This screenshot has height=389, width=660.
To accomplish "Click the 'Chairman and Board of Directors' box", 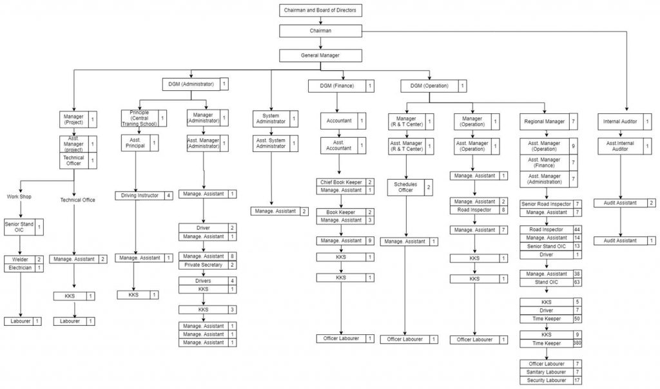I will pyautogui.click(x=320, y=10).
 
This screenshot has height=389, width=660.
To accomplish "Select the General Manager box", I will pyautogui.click(x=320, y=55).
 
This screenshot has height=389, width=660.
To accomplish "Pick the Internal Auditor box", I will pyautogui.click(x=620, y=121).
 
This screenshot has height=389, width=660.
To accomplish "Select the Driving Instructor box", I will pyautogui.click(x=140, y=195).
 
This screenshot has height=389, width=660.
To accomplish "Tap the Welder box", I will pyautogui.click(x=18, y=259).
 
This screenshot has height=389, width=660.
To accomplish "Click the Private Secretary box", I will pyautogui.click(x=203, y=265).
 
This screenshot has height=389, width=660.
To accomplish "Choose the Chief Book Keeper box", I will pyautogui.click(x=340, y=182).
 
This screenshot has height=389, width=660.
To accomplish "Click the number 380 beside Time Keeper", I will pyautogui.click(x=577, y=343).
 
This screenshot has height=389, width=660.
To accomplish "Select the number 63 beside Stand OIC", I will pyautogui.click(x=577, y=282).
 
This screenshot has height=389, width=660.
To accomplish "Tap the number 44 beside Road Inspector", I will pyautogui.click(x=577, y=229).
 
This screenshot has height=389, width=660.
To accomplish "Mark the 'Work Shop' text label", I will pyautogui.click(x=20, y=197).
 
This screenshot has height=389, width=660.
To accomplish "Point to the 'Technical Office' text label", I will pyautogui.click(x=77, y=200).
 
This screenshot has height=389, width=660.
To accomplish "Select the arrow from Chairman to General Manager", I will pyautogui.click(x=320, y=43).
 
